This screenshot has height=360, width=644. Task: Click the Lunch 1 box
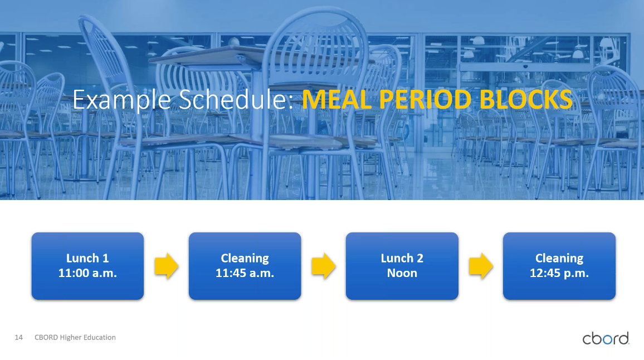tap(87, 266)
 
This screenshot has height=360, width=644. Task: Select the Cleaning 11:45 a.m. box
tap(245, 266)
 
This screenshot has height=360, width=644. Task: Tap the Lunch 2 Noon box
tap(402, 266)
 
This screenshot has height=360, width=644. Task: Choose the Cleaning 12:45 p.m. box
tap(559, 266)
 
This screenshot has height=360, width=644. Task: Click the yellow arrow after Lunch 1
tap(167, 266)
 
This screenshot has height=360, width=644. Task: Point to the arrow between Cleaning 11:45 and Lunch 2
tap(324, 266)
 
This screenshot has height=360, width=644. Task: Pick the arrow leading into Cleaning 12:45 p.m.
tap(481, 266)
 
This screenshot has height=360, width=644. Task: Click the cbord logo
tap(606, 338)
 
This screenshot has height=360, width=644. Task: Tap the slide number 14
tap(18, 337)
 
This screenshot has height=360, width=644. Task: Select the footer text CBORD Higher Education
tap(75, 337)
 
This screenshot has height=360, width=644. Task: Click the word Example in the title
tap(121, 100)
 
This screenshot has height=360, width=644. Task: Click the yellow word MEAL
tap(337, 99)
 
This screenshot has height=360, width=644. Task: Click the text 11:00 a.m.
tap(87, 273)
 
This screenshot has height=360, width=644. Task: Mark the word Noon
tap(402, 273)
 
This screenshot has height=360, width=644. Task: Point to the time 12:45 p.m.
tap(559, 274)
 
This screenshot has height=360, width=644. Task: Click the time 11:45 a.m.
tap(245, 273)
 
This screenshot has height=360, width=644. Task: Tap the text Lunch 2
tap(402, 258)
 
